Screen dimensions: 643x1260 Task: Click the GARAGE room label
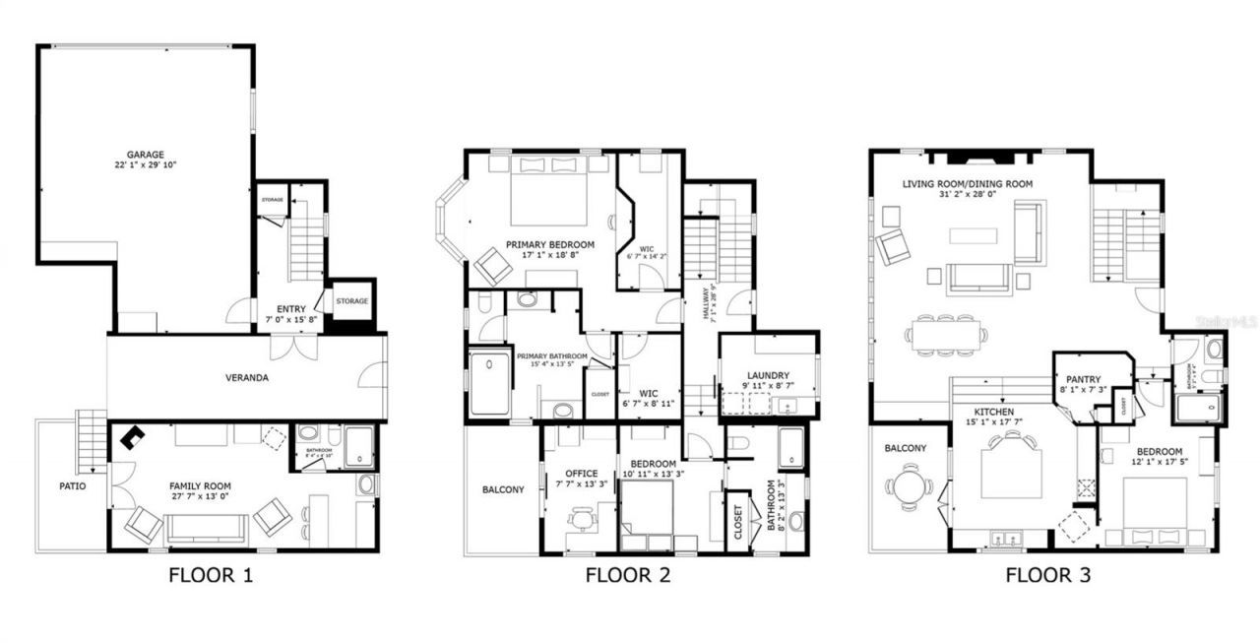point(145,155)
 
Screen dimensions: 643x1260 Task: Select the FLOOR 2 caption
point(628,576)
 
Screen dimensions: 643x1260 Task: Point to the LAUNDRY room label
point(768,375)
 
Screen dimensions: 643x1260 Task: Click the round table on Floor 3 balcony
point(904,485)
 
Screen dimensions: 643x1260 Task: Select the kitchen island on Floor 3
point(1011,474)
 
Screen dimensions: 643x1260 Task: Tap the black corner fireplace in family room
point(130,437)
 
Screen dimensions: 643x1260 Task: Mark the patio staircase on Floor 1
point(92,439)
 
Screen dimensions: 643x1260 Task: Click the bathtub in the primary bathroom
point(489,383)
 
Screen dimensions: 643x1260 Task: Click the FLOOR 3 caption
point(1047,576)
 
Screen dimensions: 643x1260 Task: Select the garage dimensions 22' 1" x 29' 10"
point(145,165)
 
